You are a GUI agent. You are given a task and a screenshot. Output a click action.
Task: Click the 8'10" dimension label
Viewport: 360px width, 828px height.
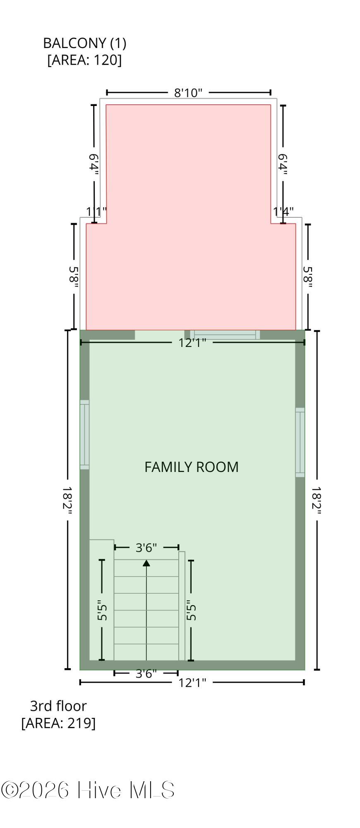tap(188, 92)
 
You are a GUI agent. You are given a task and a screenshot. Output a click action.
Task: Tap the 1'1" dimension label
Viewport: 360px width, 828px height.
tap(96, 212)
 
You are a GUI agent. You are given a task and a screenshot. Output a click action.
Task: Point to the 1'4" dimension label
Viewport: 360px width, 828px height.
tap(283, 212)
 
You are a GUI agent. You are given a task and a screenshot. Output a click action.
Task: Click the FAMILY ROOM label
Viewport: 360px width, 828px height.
tap(192, 467)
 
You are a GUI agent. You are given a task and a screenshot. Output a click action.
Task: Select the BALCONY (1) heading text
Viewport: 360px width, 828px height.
tap(85, 43)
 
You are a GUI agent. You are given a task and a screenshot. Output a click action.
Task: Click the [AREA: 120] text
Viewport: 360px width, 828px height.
tap(85, 60)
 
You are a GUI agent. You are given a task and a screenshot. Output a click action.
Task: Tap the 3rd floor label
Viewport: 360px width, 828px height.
tap(58, 706)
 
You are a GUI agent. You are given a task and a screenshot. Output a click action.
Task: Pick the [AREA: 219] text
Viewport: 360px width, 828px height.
tap(58, 723)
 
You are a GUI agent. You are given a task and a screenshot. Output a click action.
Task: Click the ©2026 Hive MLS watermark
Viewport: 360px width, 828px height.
tap(88, 790)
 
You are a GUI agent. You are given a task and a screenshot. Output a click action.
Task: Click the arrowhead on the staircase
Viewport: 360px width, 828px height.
tap(146, 563)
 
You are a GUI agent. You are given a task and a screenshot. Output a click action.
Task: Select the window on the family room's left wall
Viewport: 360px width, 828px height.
tap(84, 435)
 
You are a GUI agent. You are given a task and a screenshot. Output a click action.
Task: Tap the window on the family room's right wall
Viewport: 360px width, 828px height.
tap(300, 442)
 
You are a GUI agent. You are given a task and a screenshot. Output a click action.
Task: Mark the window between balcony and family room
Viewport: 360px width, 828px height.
tap(225, 335)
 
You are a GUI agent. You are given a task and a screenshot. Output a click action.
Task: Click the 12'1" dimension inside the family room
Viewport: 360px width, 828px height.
tap(192, 342)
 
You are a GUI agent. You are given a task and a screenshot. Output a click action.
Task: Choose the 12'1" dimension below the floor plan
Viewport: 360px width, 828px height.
tap(192, 682)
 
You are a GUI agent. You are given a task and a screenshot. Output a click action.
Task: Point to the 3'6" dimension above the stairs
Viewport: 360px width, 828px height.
tap(146, 547)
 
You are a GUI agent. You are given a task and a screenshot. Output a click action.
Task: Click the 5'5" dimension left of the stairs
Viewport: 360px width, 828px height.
tap(102, 610)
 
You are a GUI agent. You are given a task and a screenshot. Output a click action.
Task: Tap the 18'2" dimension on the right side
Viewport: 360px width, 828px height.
tap(317, 501)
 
